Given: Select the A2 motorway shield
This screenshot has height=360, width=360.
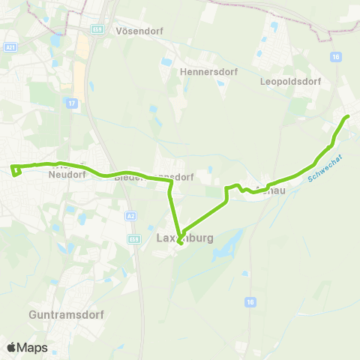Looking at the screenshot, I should (x=132, y=215).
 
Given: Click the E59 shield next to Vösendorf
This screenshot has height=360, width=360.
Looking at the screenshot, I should (x=97, y=28).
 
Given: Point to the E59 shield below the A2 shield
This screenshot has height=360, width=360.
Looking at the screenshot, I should (x=133, y=238).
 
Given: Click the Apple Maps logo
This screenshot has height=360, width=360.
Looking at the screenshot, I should (x=27, y=347).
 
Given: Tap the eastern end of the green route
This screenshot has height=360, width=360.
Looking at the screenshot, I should (x=347, y=116).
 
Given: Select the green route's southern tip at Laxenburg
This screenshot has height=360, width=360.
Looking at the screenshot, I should (x=181, y=242).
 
